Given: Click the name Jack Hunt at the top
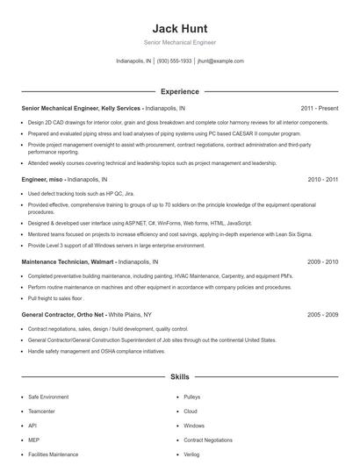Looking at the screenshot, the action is [179, 28].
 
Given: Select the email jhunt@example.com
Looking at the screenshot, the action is [220, 61].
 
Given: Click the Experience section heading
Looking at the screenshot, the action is [179, 91].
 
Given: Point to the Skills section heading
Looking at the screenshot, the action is [179, 376].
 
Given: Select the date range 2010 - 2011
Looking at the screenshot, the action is [322, 178].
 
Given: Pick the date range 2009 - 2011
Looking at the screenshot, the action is [322, 261].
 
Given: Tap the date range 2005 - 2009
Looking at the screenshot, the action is [322, 313].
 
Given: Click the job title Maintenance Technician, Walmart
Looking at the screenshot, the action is [67, 261].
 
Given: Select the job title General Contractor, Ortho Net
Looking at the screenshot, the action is [62, 313].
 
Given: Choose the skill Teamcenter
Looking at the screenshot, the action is [43, 411].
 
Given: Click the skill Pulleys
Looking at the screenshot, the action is [192, 397].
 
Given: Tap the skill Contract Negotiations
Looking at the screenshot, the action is [208, 440].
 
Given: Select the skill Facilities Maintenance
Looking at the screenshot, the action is [53, 454].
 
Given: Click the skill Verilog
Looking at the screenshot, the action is [192, 454].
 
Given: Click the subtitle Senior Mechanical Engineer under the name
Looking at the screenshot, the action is [179, 42].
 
